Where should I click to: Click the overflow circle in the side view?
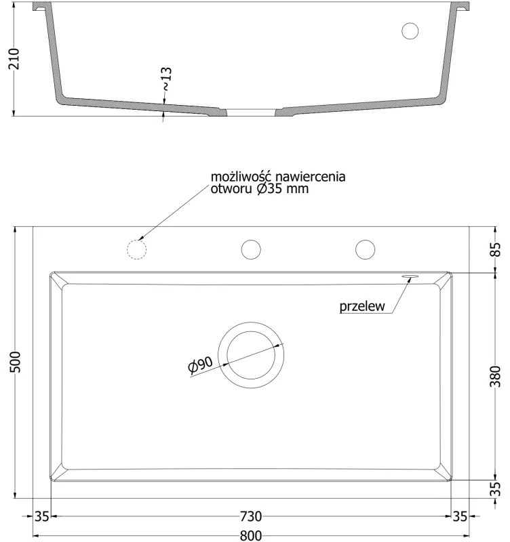[x=411, y=30]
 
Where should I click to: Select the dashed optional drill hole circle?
[x=137, y=249]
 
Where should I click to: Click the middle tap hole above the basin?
[x=251, y=249]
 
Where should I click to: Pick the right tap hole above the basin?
[x=366, y=249]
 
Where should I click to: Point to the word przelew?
[x=362, y=306]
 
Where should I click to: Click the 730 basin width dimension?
[x=251, y=516]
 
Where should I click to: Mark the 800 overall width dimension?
[x=251, y=535]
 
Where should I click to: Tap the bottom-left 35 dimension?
[x=42, y=516]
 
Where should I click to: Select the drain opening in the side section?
[x=252, y=108]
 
